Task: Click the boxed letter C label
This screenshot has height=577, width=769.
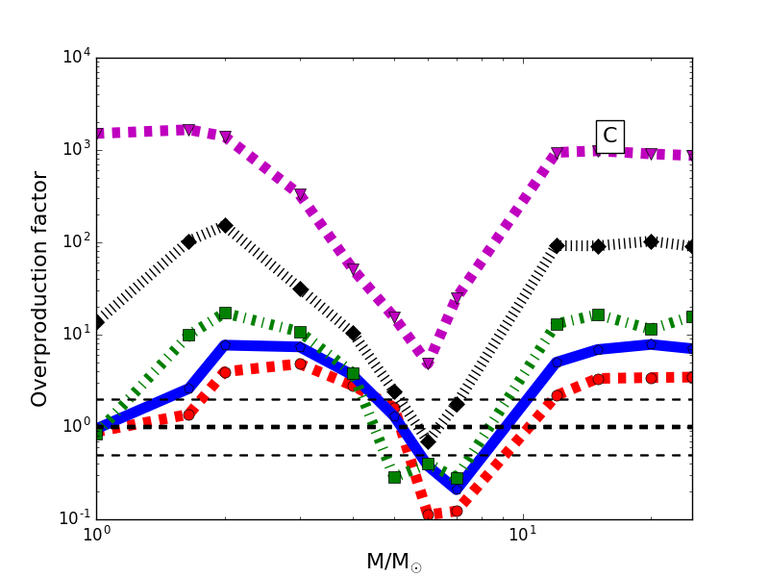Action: (609, 136)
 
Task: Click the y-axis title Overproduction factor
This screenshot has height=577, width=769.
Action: (39, 288)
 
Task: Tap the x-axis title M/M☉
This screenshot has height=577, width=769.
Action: (393, 562)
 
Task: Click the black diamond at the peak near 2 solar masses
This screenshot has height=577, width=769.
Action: (225, 225)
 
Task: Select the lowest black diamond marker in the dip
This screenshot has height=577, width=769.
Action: (428, 441)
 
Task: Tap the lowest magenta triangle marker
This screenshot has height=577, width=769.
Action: (428, 364)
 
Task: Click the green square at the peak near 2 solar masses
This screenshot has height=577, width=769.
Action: (225, 313)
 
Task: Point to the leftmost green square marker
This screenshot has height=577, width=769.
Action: (96, 434)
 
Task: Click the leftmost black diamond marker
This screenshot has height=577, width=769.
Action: (96, 322)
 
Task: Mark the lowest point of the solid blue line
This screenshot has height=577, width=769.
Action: (457, 489)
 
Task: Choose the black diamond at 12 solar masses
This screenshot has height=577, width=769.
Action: (557, 246)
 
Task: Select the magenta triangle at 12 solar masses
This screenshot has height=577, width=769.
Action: (557, 154)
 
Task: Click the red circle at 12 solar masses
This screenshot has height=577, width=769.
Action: (557, 395)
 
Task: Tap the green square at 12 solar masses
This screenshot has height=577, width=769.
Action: (557, 324)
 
